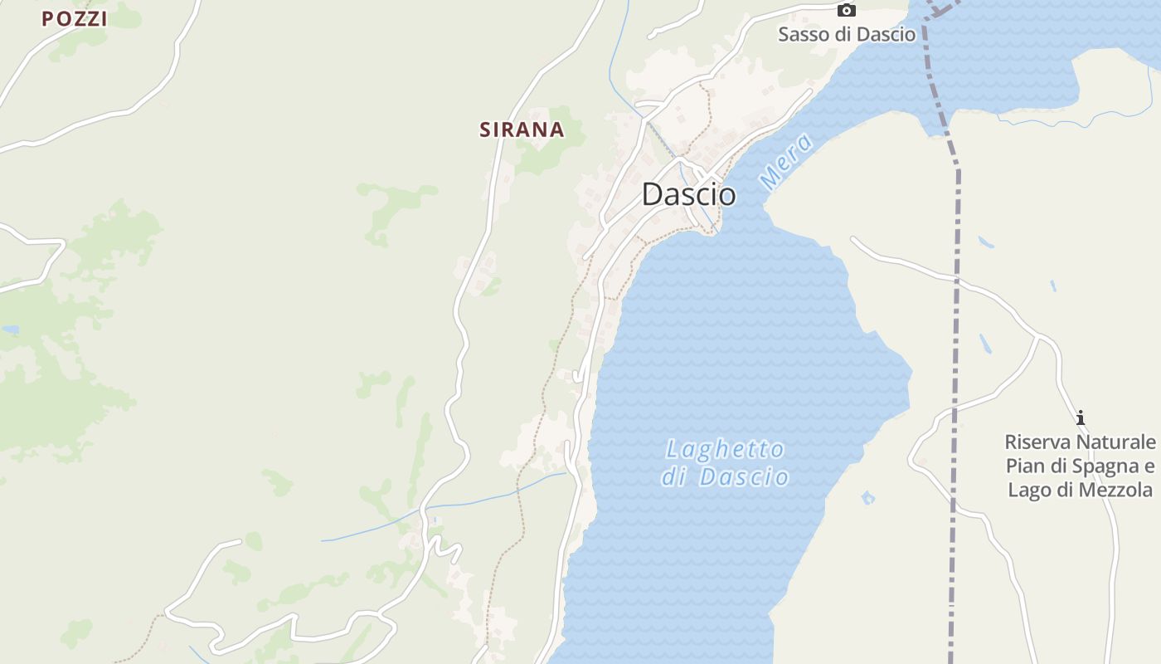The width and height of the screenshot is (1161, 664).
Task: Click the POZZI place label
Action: pos(75,19)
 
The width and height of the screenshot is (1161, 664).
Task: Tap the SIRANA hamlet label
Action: pos(522,129)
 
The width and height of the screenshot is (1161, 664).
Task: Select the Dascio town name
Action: pos(688,194)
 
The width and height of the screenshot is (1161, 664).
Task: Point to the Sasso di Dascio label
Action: pos(847,34)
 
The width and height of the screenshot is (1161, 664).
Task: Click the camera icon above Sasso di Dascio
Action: pos(846,10)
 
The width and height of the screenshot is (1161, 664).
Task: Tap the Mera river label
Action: pos(785,162)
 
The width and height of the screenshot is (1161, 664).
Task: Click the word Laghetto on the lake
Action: pos(726,450)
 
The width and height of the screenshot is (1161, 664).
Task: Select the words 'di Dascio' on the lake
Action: pos(726,477)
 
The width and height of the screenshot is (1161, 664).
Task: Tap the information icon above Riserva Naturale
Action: pos(1080,417)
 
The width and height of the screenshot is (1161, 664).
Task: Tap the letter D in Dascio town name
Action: pos(653,194)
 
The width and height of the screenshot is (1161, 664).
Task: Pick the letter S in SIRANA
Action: pos(486,129)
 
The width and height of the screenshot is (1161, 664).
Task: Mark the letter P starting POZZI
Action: pos(48,19)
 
